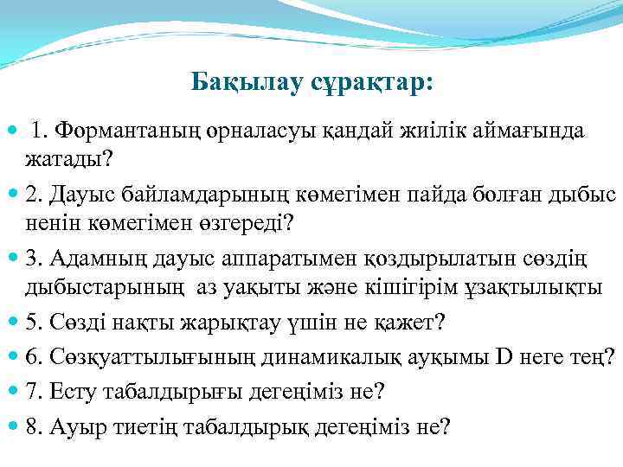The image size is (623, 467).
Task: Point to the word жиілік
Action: pyautogui.click(x=437, y=131)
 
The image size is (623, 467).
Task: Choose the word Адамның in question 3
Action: pyautogui.click(x=97, y=259)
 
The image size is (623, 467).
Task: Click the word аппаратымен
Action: pyautogui.click(x=263, y=259)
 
